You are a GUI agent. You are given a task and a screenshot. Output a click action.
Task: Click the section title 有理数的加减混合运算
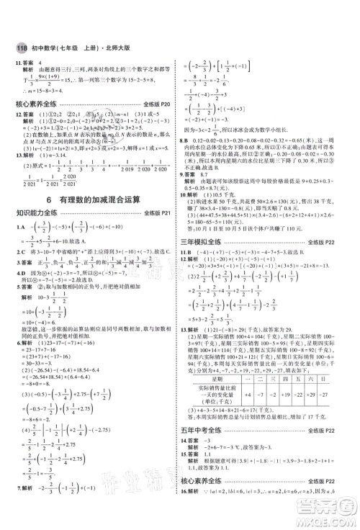tap(103, 182)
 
